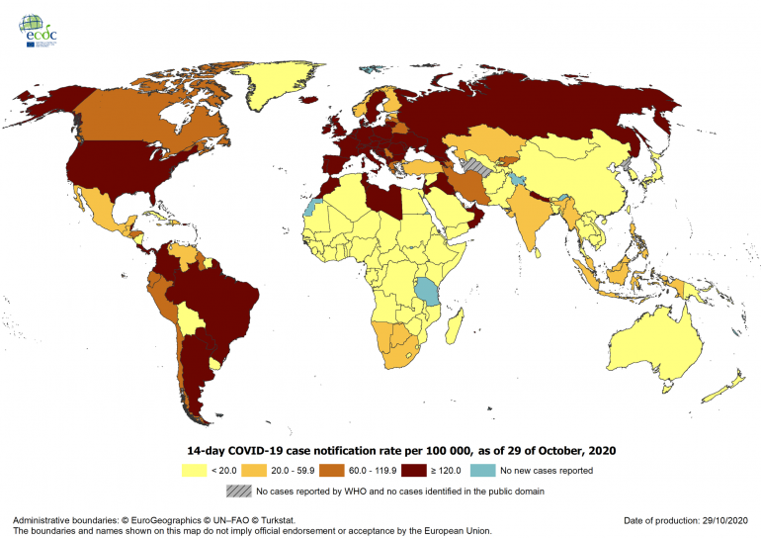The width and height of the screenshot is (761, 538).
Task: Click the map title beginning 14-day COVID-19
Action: click(x=395, y=450)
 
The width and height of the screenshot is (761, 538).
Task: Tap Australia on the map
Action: click(x=657, y=346)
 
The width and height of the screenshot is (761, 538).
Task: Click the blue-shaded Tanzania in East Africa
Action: click(x=428, y=293)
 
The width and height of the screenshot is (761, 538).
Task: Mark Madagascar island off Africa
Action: click(x=458, y=336)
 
